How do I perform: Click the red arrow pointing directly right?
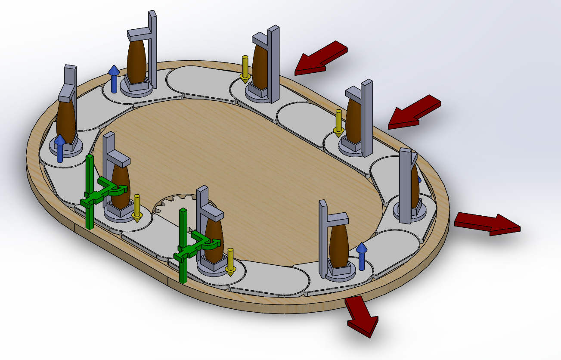pos(487,223)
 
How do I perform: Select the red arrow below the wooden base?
pos(361,314)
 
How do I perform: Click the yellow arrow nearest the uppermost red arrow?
pos(245,69)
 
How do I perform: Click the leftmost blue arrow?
pos(60,149)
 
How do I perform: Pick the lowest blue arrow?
pos(361,256)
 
